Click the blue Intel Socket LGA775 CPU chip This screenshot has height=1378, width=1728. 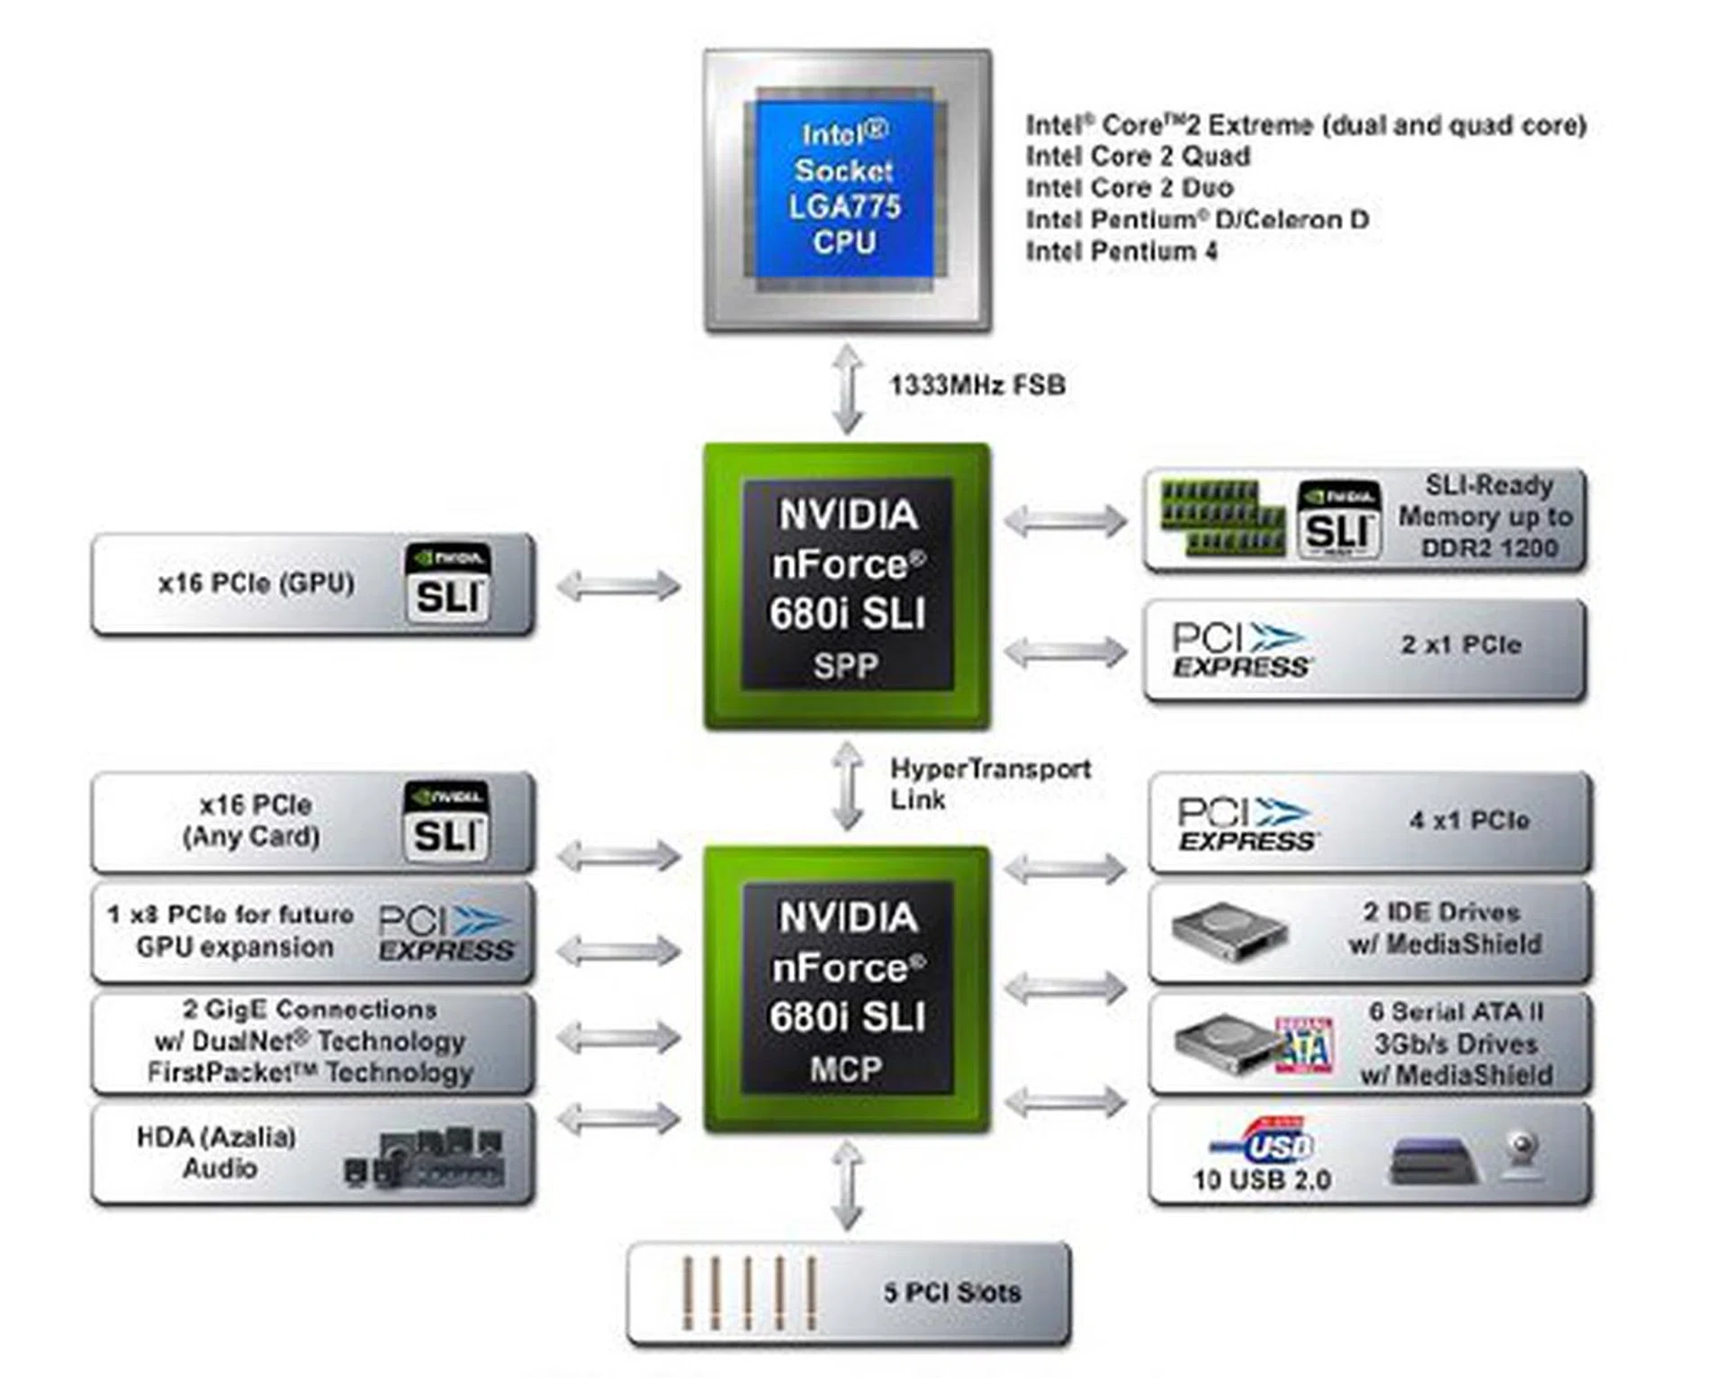pyautogui.click(x=844, y=189)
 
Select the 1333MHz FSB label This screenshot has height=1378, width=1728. pyautogui.click(x=977, y=385)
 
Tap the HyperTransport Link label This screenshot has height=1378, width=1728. pyautogui.click(x=990, y=783)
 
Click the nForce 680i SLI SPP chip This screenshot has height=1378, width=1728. pyautogui.click(x=847, y=586)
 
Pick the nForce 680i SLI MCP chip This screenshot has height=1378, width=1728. pyautogui.click(x=847, y=989)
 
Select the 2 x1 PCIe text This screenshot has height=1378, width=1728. pyautogui.click(x=1461, y=644)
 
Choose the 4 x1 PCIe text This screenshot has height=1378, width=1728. pyautogui.click(x=1469, y=820)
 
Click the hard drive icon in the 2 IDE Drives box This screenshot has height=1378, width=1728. pyautogui.click(x=1229, y=932)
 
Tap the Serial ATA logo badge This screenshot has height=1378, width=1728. pyautogui.click(x=1304, y=1044)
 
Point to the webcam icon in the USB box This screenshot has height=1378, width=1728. pyautogui.click(x=1522, y=1154)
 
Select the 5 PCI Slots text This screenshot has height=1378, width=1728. pyautogui.click(x=952, y=1292)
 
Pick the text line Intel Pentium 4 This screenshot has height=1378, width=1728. pyautogui.click(x=1121, y=251)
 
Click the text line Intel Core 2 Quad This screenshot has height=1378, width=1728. pyautogui.click(x=1138, y=157)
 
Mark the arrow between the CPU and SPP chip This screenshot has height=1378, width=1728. pyautogui.click(x=847, y=389)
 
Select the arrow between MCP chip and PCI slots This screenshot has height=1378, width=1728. pyautogui.click(x=847, y=1185)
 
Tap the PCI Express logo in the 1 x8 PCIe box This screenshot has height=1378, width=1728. pyautogui.click(x=445, y=933)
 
